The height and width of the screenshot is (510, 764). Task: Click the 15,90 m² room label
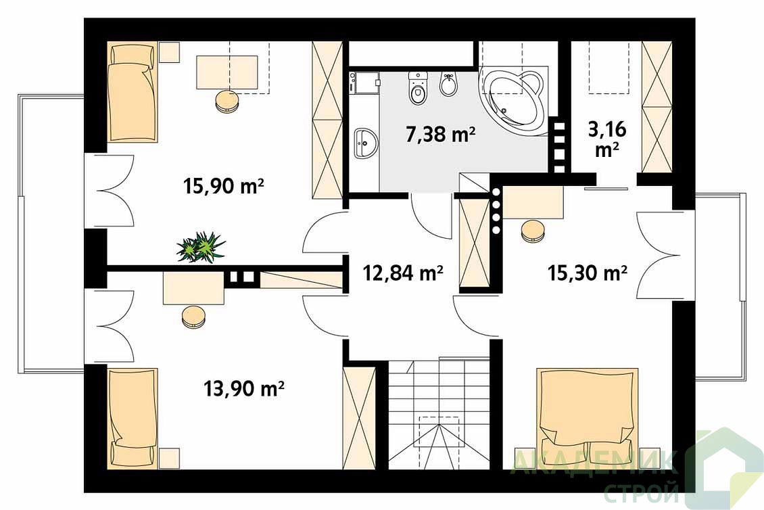click(224, 186)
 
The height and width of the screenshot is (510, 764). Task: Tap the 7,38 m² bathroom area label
click(440, 133)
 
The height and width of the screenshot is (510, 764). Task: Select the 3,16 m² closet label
click(607, 139)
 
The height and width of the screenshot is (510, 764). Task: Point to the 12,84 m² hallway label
click(402, 273)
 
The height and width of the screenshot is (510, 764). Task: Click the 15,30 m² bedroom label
click(587, 273)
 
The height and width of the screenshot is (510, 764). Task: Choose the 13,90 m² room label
click(244, 389)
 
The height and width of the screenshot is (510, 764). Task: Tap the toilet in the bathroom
click(418, 88)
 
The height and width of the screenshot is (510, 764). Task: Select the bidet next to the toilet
click(448, 85)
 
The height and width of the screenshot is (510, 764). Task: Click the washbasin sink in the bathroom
click(366, 143)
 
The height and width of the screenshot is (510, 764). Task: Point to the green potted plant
click(201, 247)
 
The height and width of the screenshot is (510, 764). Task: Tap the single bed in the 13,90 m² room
click(132, 417)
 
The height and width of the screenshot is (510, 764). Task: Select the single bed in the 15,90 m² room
click(133, 92)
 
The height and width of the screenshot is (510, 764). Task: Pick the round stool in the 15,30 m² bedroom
click(533, 231)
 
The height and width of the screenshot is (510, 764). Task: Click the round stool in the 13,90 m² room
click(193, 317)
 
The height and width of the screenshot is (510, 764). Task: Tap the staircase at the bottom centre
click(439, 414)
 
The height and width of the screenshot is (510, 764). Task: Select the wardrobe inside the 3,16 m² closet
click(657, 107)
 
